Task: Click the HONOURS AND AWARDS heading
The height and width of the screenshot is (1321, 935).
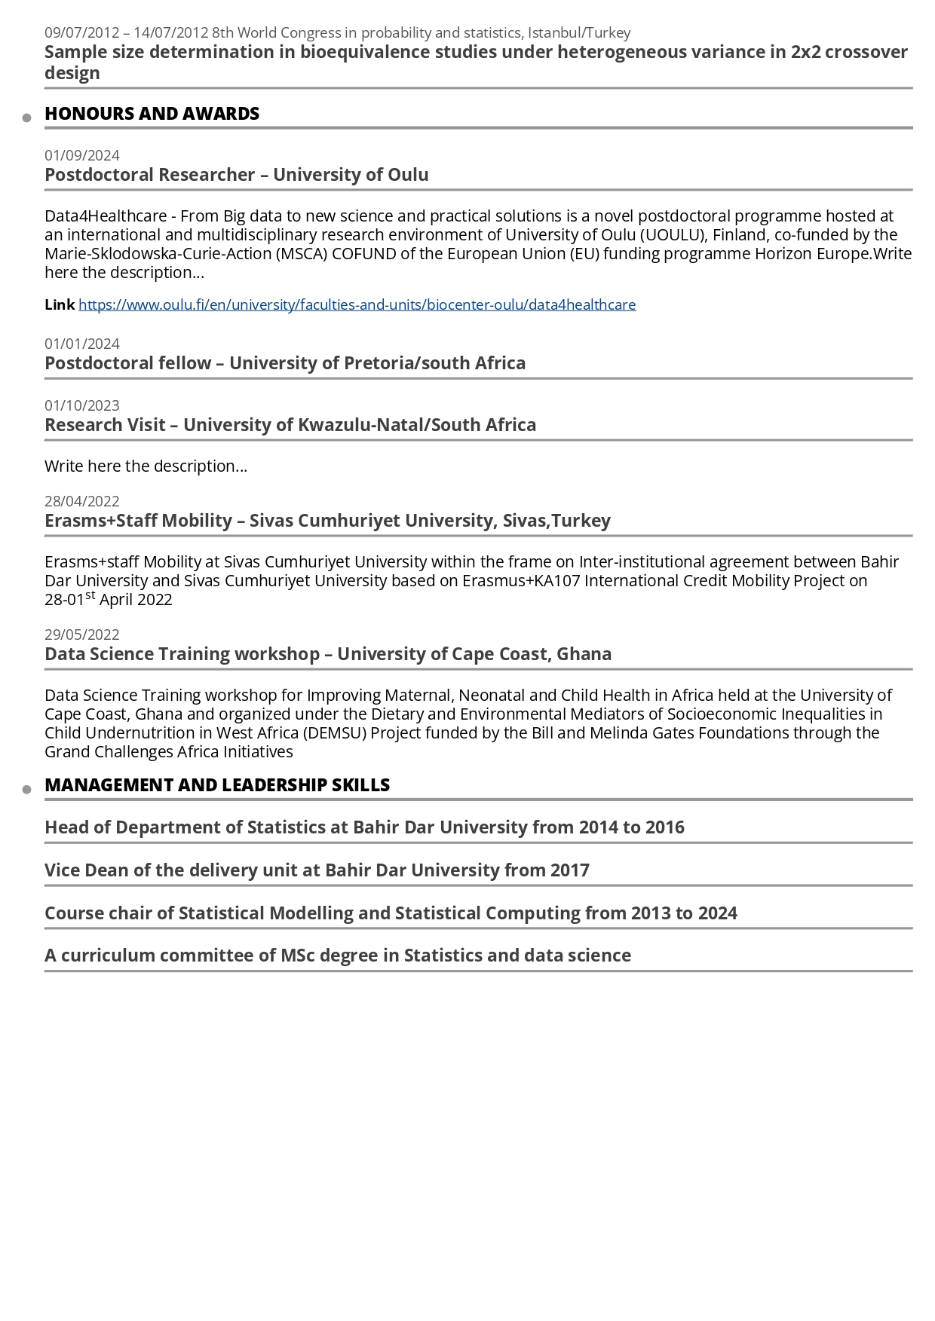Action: [x=152, y=114]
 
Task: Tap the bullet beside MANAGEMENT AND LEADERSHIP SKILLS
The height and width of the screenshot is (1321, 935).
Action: [x=27, y=790]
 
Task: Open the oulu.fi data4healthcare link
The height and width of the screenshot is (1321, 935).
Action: [x=357, y=304]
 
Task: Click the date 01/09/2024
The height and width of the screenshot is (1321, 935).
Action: [x=82, y=155]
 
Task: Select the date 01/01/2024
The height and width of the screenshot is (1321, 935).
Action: [x=82, y=344]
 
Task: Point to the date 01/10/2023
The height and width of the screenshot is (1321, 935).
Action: [x=82, y=405]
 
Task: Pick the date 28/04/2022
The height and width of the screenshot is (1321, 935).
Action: [x=82, y=501]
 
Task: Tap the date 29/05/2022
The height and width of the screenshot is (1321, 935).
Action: [x=82, y=635]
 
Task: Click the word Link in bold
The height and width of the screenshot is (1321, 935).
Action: [x=60, y=304]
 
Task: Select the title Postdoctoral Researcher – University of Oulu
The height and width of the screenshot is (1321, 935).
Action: [x=236, y=175]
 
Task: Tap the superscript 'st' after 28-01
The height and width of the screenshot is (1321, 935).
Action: [x=90, y=595]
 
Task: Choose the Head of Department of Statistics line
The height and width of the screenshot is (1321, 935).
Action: [x=364, y=827]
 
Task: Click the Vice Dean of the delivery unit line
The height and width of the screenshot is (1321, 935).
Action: [x=317, y=870]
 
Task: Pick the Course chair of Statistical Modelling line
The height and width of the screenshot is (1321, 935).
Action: [x=391, y=913]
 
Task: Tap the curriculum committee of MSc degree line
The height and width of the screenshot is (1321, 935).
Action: [x=338, y=956]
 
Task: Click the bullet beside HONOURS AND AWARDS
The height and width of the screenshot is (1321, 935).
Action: [x=27, y=118]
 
